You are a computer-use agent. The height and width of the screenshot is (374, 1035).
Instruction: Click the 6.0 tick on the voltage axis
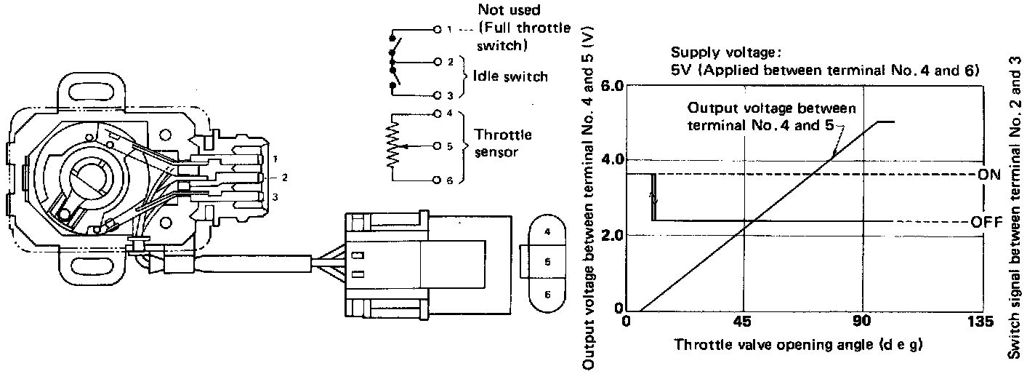click(x=611, y=86)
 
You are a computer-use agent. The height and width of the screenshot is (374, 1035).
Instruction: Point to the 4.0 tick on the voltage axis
click(x=611, y=160)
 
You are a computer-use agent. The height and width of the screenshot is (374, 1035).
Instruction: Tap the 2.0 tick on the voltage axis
click(x=611, y=235)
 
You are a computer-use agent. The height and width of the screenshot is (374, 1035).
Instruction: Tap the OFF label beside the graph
click(x=987, y=221)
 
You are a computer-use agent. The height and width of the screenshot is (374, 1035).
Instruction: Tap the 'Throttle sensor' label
click(x=503, y=143)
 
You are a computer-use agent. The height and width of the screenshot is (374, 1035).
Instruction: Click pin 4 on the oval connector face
click(x=547, y=233)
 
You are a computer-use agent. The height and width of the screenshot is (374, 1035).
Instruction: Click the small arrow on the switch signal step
click(x=653, y=197)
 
